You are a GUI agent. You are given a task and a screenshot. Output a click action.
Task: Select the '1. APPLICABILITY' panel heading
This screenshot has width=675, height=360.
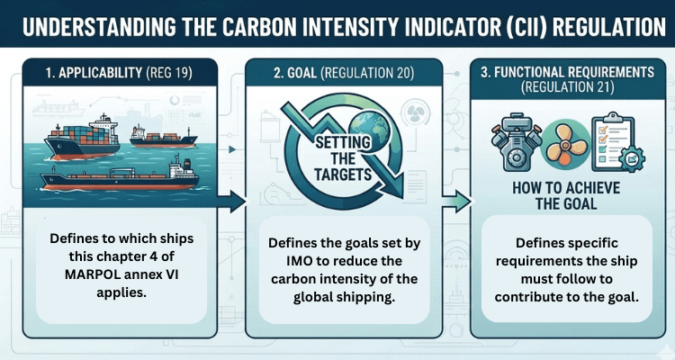(94, 73)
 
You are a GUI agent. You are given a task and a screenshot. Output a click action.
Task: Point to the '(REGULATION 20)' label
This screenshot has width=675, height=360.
(367, 73)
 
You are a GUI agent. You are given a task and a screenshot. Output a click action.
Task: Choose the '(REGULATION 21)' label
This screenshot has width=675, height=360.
(567, 87)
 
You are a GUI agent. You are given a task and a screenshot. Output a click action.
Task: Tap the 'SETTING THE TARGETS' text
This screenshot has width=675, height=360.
(343, 158)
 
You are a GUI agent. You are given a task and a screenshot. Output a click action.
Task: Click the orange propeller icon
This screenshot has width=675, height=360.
(565, 144)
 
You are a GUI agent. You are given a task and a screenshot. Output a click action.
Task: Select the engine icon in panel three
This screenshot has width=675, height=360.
(517, 140)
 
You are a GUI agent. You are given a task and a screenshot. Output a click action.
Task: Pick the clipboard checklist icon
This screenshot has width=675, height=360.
(613, 141)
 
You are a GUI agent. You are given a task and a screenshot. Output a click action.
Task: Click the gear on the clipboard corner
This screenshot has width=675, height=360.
(632, 159)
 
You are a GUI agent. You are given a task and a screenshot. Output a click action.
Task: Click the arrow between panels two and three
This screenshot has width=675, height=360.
(456, 202)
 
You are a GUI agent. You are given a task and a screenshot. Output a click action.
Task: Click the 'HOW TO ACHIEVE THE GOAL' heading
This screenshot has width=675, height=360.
(566, 195)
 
